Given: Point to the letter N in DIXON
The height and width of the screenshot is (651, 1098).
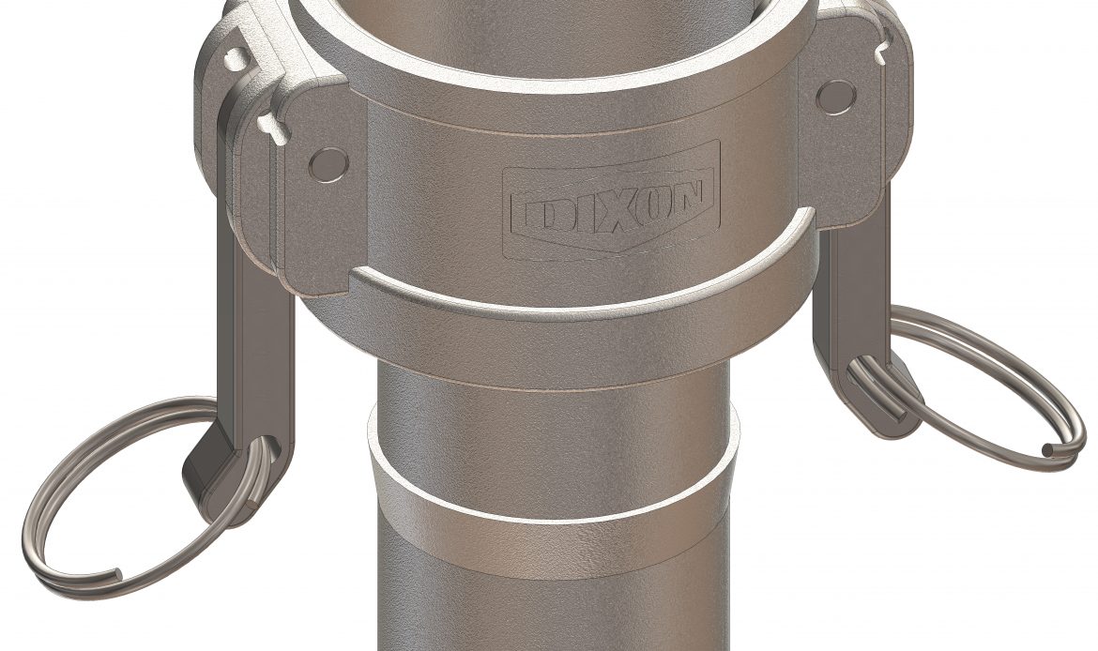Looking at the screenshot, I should tap(691, 196).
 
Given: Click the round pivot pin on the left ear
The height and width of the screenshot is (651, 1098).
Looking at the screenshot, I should tap(328, 163).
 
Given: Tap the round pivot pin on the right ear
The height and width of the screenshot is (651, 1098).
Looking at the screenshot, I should tap(835, 96).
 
